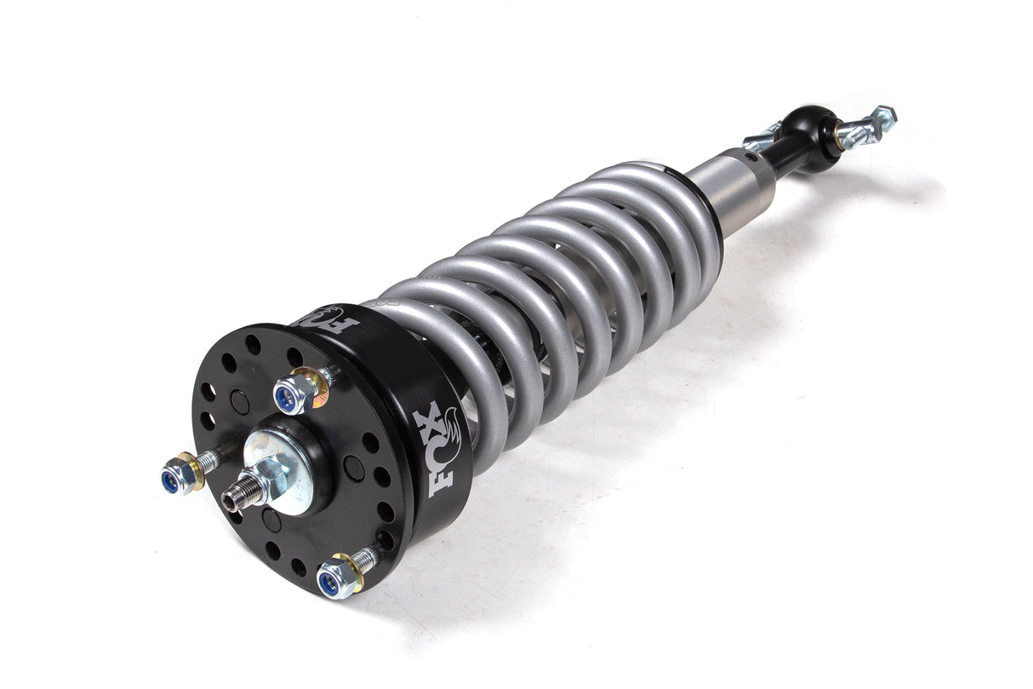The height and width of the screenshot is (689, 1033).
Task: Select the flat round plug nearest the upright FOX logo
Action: pos(355,468)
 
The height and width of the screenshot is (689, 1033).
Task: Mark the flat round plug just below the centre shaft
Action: pos(271,520)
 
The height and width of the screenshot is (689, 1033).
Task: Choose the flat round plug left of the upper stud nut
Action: pos(241,402)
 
